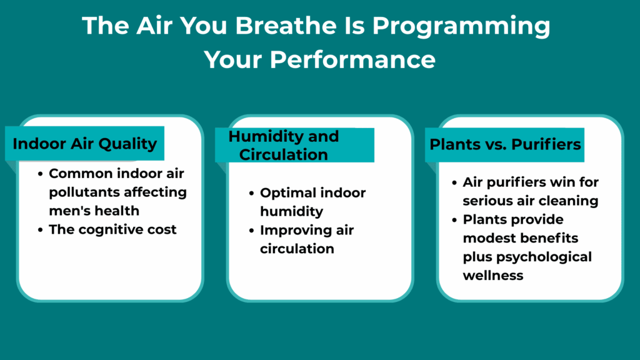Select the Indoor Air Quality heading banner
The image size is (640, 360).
point(85,144)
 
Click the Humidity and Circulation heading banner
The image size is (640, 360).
point(294,145)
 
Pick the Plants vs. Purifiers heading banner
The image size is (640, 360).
point(505,144)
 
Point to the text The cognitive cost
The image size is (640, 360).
point(112,229)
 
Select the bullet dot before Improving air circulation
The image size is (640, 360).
point(252,231)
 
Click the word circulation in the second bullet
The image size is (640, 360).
point(297,248)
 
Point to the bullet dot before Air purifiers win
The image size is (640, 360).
point(454,183)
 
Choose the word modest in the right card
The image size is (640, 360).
point(485,238)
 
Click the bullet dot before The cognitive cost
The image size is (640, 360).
point(41,230)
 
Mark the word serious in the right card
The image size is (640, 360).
point(486,201)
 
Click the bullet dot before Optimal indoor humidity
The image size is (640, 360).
point(252,193)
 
